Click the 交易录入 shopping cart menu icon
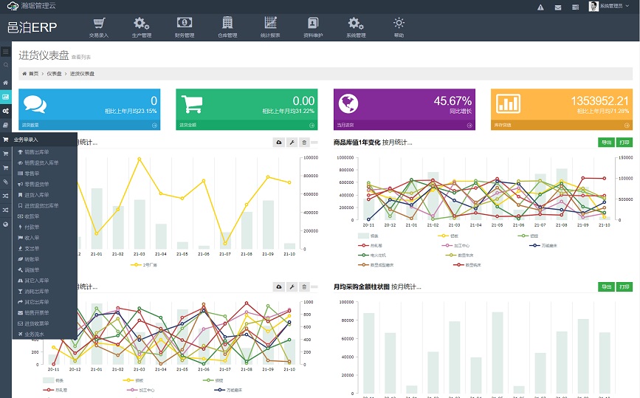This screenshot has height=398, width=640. click(x=98, y=24)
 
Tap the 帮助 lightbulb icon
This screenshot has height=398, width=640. click(x=399, y=24)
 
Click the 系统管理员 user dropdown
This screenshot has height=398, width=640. click(x=610, y=7)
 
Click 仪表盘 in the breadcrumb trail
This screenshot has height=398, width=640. click(x=55, y=74)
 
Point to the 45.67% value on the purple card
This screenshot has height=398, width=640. click(x=453, y=100)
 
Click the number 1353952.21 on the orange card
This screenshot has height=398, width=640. click(x=599, y=100)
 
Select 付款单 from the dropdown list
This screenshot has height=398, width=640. click(x=32, y=227)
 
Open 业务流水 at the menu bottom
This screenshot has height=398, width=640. click(x=35, y=334)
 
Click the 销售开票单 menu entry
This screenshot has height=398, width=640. click(x=37, y=312)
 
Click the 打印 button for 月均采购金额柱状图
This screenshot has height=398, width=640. click(x=624, y=287)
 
